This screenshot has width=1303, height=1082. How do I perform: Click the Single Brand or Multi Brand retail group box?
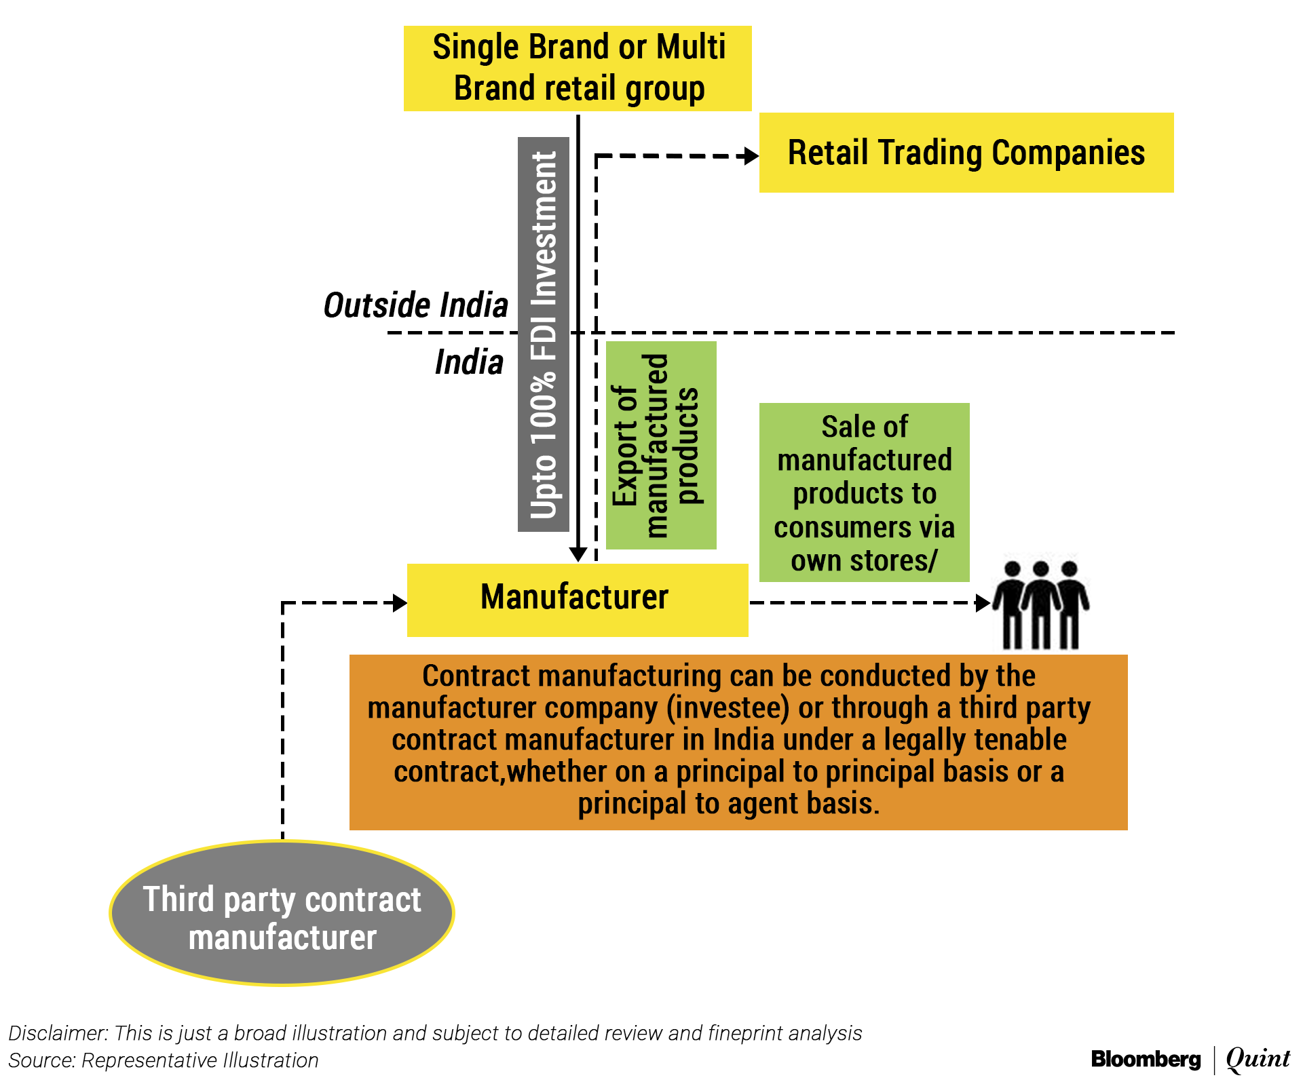point(578,69)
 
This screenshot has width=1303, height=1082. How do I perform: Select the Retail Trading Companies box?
point(966,153)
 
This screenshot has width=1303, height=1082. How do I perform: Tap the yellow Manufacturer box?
point(578,600)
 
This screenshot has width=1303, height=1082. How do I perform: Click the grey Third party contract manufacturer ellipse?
point(282,913)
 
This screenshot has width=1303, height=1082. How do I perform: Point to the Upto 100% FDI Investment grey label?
point(543,334)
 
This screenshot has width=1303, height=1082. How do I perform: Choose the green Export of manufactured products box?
point(660,445)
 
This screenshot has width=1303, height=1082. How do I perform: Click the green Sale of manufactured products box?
point(864,492)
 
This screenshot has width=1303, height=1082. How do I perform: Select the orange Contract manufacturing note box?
point(738,741)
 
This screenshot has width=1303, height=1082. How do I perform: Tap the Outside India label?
point(415,305)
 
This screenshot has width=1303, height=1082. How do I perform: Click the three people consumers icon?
point(1041,604)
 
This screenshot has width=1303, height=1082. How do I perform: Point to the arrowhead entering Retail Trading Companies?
point(751,156)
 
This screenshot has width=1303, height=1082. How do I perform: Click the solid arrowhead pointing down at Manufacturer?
point(578,554)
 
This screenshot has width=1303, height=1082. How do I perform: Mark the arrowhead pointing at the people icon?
point(983,602)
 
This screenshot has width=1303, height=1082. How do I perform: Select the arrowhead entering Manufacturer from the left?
point(400,602)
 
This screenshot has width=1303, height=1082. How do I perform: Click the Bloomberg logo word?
point(1146,1059)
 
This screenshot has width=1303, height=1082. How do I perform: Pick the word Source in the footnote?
point(41,1060)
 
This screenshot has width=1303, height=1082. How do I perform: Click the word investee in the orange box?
point(728,708)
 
